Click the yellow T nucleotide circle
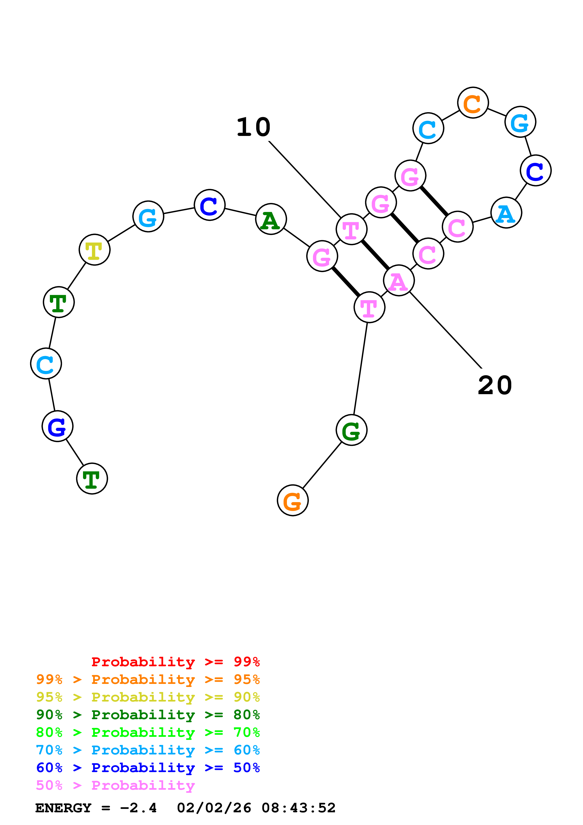95,250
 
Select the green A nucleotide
271,219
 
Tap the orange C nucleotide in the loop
473,103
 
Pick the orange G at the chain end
293,500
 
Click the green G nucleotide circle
351,430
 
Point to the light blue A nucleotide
506,213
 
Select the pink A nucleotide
399,281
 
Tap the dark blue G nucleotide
57,426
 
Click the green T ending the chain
92,479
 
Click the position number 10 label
253,127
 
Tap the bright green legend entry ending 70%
148,733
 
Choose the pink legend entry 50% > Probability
115,785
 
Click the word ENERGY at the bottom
63,808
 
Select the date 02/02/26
214,808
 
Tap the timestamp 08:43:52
298,808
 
